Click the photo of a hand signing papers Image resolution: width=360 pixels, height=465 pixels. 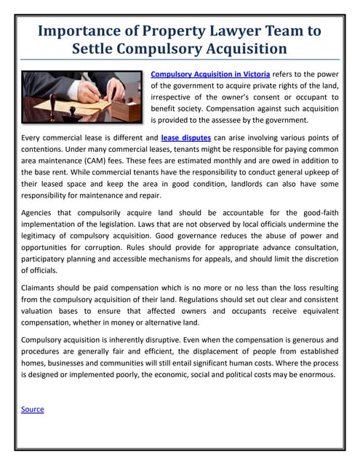tap(81, 97)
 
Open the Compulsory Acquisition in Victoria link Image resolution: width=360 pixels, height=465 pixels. tap(210, 74)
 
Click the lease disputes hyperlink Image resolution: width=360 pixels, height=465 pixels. tap(186, 137)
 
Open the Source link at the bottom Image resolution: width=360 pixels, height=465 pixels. tap(33, 409)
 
